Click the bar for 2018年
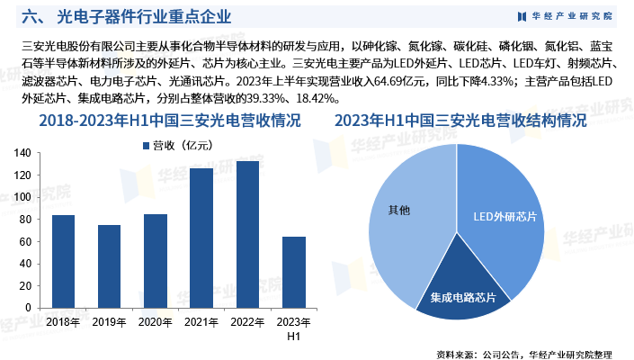pyautogui.click(x=63, y=262)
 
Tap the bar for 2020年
pyautogui.click(x=156, y=262)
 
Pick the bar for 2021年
pyautogui.click(x=201, y=238)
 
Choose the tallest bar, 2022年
pyautogui.click(x=247, y=235)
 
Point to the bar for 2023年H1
pyautogui.click(x=294, y=273)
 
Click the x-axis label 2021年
pyautogui.click(x=201, y=321)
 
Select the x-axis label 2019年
pyautogui.click(x=109, y=321)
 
